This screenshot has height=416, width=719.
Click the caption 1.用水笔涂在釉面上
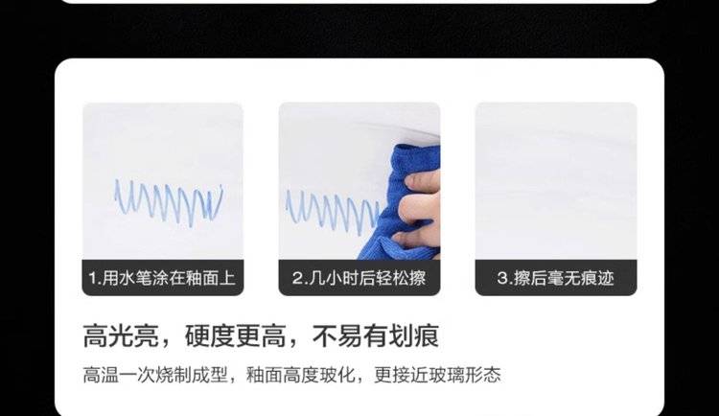162,278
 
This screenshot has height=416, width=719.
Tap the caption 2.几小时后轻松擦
359,278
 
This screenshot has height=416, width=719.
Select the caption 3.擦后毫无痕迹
555,278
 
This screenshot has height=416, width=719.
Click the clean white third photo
556,181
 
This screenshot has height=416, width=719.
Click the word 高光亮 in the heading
121,335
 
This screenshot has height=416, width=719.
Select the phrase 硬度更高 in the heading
235,335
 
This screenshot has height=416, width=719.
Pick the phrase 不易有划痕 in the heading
376,335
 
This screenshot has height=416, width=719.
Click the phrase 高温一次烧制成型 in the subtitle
155,375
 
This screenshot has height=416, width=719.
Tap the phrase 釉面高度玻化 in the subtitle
300,375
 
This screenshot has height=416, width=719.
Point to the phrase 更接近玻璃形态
437,375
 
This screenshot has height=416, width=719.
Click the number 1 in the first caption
92,278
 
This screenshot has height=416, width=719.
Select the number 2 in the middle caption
297,278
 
